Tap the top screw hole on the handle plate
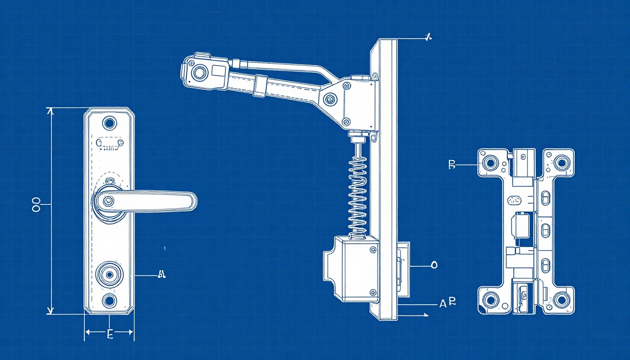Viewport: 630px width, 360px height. (x=109, y=123)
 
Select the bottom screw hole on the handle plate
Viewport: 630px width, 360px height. (x=109, y=300)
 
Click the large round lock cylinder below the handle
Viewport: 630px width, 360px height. (x=110, y=274)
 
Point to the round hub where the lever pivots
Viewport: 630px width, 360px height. (x=108, y=201)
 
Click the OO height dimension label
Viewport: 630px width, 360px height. (x=37, y=204)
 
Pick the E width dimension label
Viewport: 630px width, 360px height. (x=110, y=334)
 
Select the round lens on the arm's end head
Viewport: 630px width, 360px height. (x=200, y=72)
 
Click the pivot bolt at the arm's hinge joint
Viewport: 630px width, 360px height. (x=330, y=99)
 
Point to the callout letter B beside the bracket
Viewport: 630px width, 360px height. (x=452, y=164)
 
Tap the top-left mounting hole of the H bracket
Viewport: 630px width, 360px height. (x=491, y=163)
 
